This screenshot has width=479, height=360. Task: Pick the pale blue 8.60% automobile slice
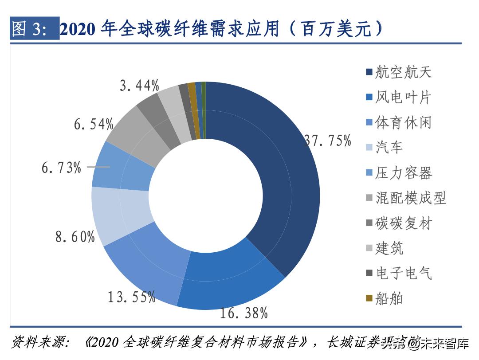tap(118, 213)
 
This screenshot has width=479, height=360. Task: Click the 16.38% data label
tap(244, 313)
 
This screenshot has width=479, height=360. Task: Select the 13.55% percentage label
tap(131, 297)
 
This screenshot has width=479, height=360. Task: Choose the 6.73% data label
tap(62, 168)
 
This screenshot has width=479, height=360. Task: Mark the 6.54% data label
tap(94, 125)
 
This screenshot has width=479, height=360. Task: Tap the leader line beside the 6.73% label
tap(98, 167)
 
